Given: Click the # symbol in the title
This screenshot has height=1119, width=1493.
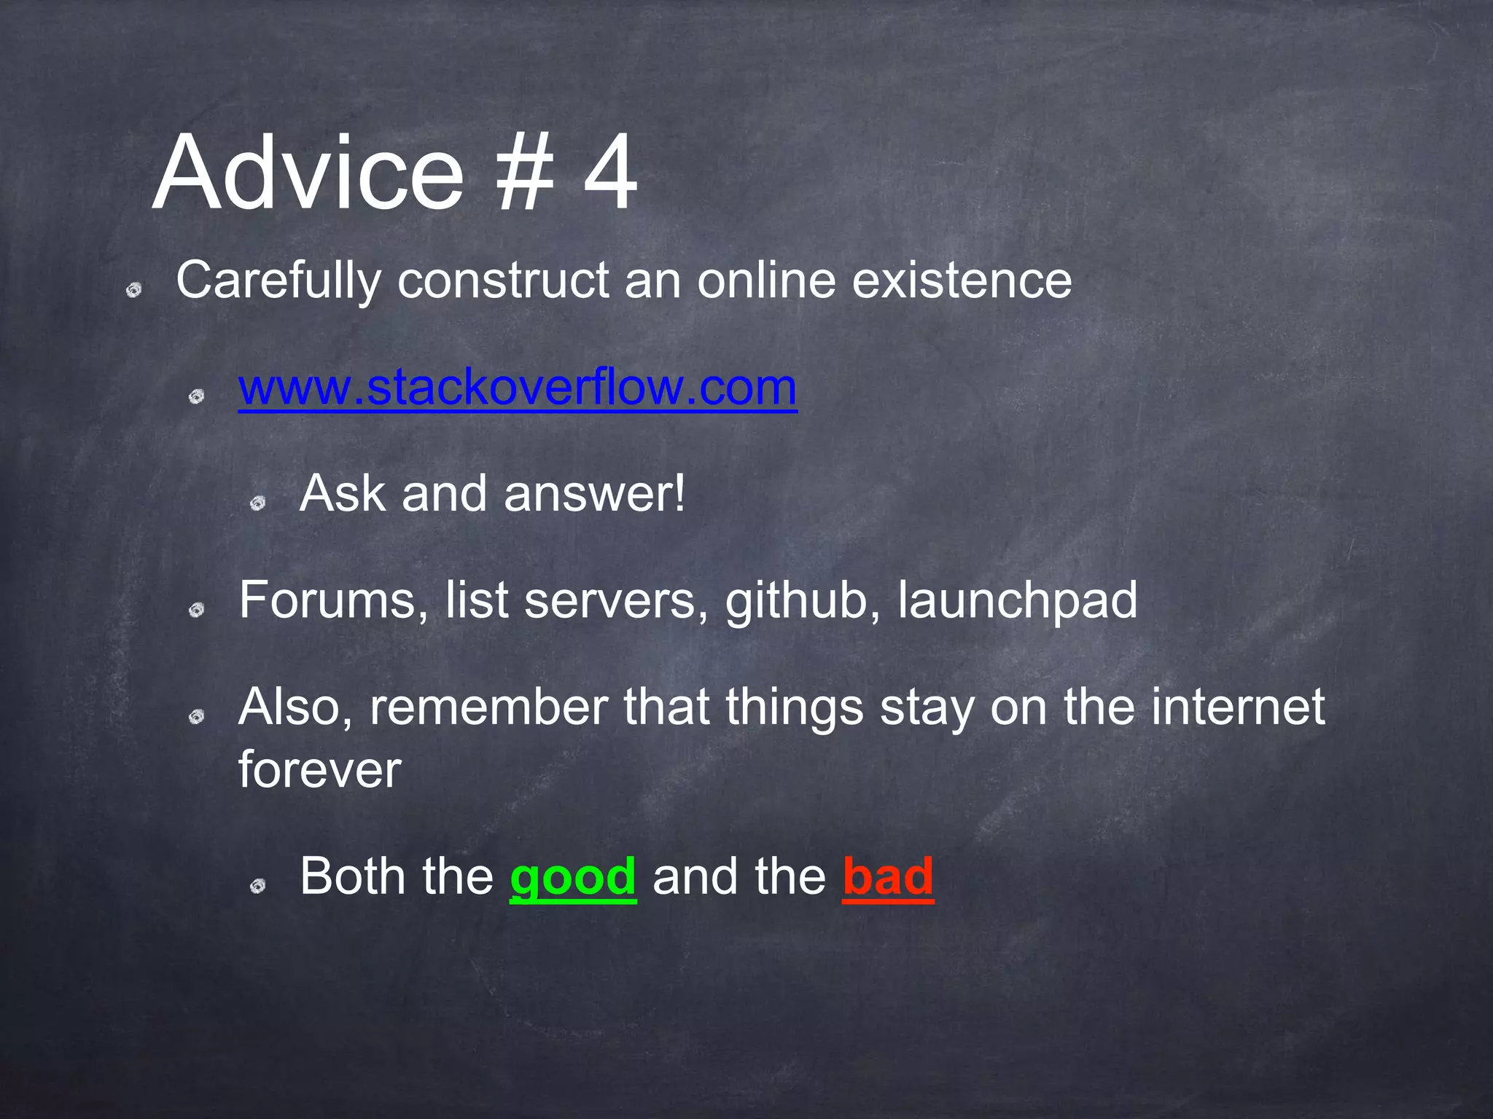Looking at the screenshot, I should [x=523, y=175].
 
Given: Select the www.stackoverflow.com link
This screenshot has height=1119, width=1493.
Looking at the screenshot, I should [x=518, y=388].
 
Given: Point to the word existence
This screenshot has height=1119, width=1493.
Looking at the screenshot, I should [x=962, y=280].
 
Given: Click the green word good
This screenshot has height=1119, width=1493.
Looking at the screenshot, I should [x=573, y=876].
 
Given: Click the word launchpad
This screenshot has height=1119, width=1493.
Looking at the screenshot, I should [x=1017, y=602].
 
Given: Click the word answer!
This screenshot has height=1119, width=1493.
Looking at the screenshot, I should [x=595, y=494].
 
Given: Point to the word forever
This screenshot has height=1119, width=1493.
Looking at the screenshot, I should [x=319, y=769].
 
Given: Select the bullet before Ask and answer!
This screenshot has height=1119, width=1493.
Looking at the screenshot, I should [x=257, y=503].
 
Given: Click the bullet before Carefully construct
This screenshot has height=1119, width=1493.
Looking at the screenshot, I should [x=133, y=291].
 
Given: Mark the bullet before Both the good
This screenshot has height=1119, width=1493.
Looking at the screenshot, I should [x=257, y=886].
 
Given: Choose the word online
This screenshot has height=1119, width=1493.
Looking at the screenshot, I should [x=765, y=280].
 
